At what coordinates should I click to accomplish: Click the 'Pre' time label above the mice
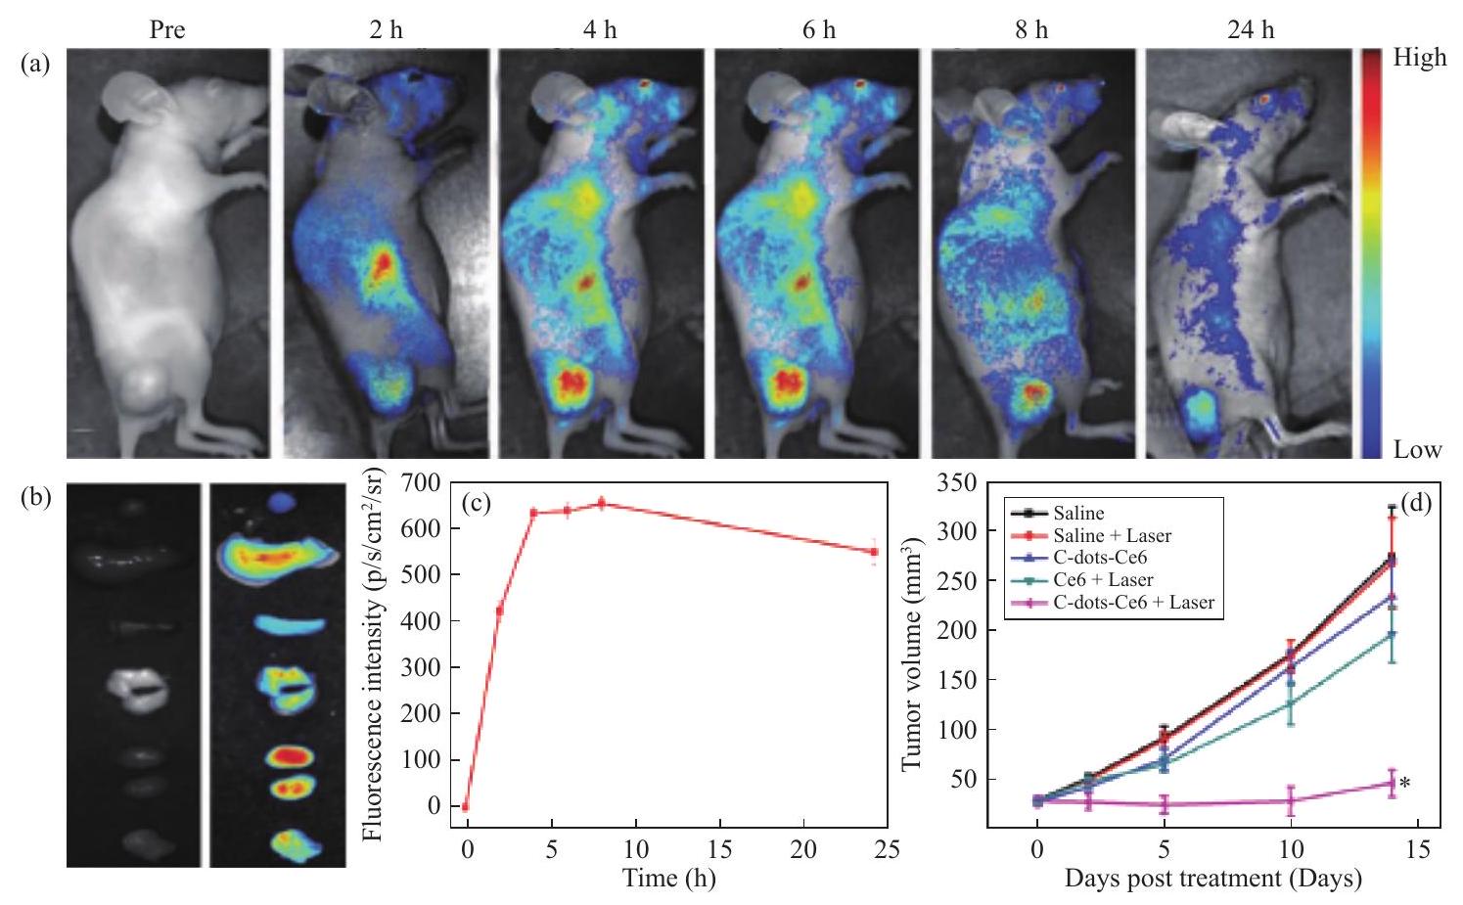tap(166, 29)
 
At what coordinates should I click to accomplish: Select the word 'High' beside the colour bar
tap(1420, 58)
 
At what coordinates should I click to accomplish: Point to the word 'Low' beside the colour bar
tap(1417, 450)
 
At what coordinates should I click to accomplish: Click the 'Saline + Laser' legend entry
tap(1112, 535)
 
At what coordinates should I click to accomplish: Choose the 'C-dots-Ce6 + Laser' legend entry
tap(1133, 602)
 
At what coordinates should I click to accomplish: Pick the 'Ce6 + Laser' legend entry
tap(1103, 580)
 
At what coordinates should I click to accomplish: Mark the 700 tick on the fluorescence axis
tap(419, 482)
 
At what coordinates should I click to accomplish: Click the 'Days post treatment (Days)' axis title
tap(1213, 878)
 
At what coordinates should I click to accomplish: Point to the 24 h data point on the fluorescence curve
tap(874, 552)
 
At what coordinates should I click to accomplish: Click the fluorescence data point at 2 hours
tap(500, 611)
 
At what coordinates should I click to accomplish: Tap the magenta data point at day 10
tap(1291, 800)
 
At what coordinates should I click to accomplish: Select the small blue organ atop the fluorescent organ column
tap(282, 502)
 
